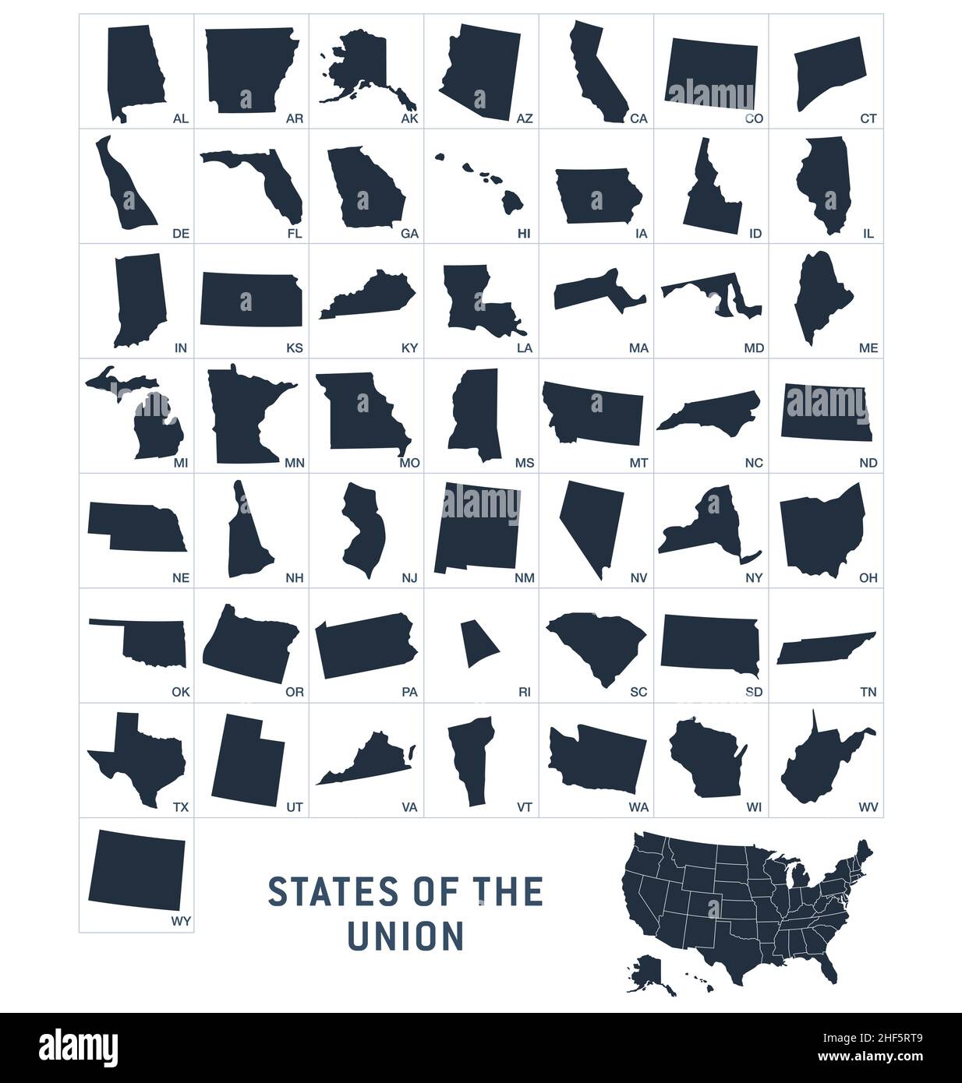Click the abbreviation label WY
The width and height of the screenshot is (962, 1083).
(x=180, y=921)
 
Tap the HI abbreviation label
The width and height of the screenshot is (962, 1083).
(x=524, y=233)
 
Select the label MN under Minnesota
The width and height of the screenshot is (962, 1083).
(x=294, y=463)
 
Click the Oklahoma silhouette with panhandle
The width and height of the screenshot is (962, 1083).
(x=156, y=643)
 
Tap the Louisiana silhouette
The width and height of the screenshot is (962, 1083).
(x=476, y=300)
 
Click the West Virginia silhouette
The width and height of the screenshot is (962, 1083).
(x=819, y=764)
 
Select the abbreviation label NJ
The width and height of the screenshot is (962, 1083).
(x=409, y=578)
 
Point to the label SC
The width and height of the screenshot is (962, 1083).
(x=638, y=692)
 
